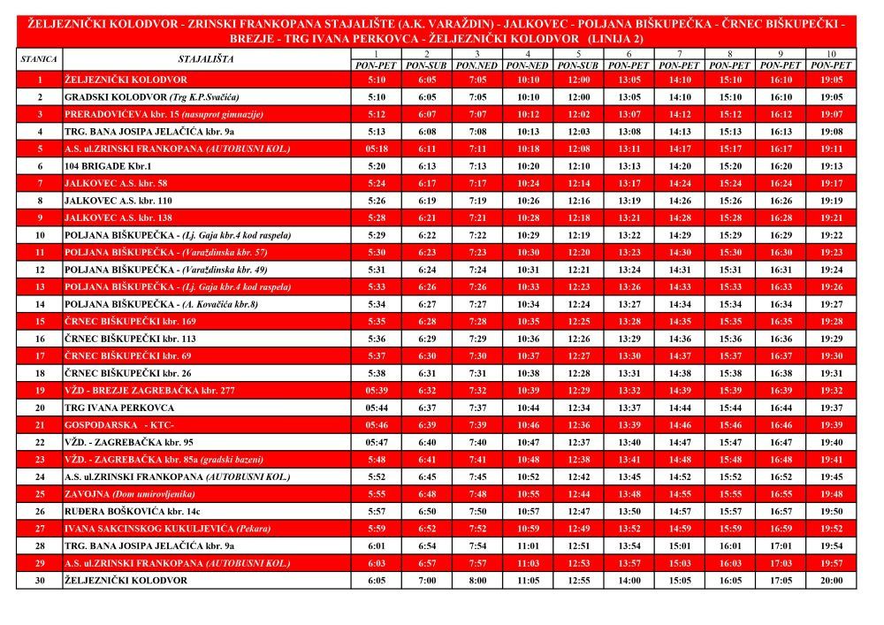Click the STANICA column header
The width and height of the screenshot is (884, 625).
click(x=39, y=59)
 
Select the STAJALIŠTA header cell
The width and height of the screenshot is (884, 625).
click(x=206, y=59)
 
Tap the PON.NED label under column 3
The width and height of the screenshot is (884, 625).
click(x=477, y=65)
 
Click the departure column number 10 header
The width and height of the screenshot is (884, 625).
click(x=832, y=55)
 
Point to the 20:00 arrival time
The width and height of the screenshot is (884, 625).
click(x=832, y=581)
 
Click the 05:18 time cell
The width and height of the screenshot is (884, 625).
click(x=376, y=149)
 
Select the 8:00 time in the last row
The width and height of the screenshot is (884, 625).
click(x=477, y=581)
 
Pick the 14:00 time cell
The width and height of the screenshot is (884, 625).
click(x=629, y=581)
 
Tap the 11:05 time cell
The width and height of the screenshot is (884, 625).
click(x=528, y=581)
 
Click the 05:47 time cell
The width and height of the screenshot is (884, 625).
click(x=376, y=442)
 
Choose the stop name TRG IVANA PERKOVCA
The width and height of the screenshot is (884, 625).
click(x=119, y=408)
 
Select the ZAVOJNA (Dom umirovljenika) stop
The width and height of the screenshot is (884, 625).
click(x=129, y=494)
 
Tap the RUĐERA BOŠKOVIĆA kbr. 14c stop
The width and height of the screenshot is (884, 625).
click(x=132, y=511)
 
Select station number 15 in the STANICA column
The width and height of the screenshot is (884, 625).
click(x=40, y=322)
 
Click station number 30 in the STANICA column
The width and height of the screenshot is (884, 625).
click(x=40, y=581)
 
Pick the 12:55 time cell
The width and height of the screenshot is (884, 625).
click(x=579, y=581)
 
